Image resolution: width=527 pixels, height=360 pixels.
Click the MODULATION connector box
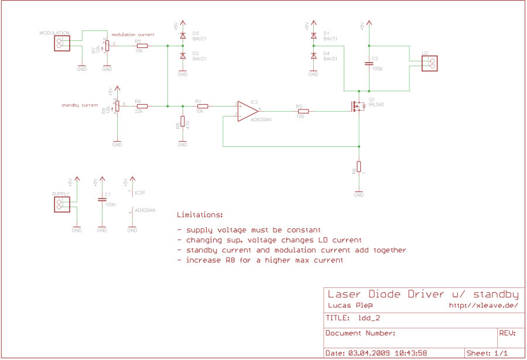point(61,43)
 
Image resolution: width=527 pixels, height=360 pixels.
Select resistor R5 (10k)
point(142,46)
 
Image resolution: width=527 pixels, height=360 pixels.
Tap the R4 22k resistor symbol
point(142,106)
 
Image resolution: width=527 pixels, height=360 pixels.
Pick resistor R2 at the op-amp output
point(303,111)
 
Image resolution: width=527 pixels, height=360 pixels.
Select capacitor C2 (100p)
point(369,64)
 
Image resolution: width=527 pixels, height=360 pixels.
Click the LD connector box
point(429,63)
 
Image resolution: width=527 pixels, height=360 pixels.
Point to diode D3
point(183,36)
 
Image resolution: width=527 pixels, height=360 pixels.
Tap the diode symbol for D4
point(313,56)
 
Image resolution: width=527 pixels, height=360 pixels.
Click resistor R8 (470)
point(183,122)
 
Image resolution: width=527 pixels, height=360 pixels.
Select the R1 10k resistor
point(203,106)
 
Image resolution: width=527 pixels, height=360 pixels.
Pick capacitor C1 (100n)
point(102,199)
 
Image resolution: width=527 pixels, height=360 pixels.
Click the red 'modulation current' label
point(133,35)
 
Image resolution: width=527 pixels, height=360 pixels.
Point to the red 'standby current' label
point(80,105)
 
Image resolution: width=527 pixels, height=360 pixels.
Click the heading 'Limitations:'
point(200,215)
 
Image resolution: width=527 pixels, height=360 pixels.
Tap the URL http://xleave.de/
point(483,305)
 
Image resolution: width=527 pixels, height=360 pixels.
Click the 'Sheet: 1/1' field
point(487,353)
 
